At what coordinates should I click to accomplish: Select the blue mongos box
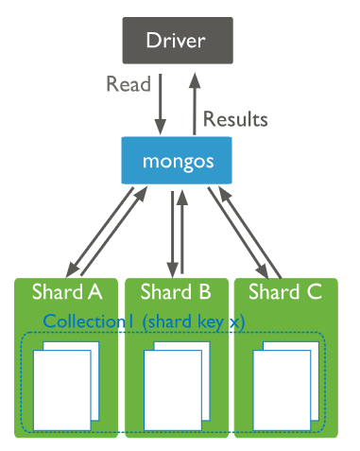[179, 161]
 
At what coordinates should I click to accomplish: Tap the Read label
[128, 85]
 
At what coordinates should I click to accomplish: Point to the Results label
[237, 119]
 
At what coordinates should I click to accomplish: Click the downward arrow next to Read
[161, 103]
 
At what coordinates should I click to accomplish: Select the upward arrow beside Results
[196, 101]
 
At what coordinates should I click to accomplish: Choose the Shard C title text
[289, 289]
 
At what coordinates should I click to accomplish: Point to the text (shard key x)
[194, 321]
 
